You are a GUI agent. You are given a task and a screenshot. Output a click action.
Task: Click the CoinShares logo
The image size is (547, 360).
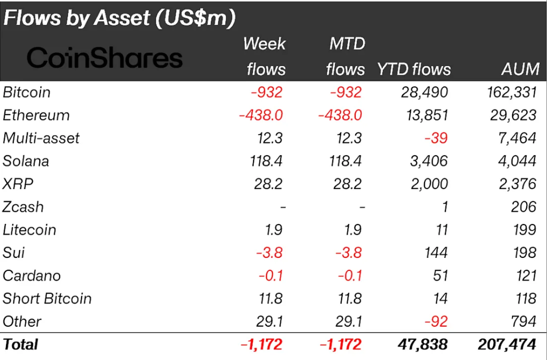[104, 57]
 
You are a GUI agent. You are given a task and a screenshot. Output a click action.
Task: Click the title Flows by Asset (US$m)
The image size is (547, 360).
[119, 18]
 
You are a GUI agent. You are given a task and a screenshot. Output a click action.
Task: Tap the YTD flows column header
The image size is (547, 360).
[414, 69]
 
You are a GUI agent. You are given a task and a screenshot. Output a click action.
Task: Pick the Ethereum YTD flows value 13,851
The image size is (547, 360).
[424, 116]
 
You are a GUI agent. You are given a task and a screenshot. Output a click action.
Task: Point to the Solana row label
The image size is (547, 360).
[26, 161]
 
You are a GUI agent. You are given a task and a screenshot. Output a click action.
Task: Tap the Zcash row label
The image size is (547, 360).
[23, 207]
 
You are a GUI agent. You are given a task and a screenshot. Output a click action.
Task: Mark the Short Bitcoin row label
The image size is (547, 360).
[47, 298]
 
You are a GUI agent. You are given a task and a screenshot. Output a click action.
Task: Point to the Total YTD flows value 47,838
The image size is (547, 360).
[423, 344]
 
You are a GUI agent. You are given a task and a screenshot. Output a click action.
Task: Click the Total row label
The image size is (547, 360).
[20, 344]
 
